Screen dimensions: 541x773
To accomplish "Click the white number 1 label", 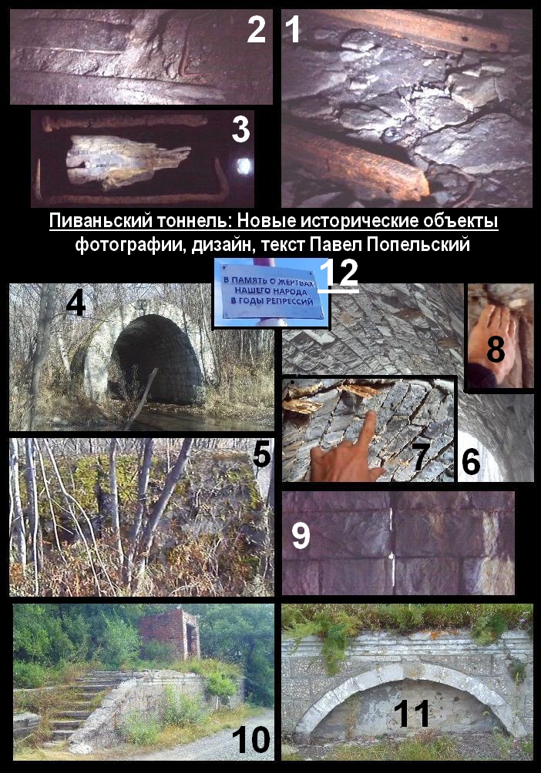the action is (293, 28).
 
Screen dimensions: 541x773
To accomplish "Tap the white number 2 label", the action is (256, 28).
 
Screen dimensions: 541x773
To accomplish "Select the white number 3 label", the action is (240, 129).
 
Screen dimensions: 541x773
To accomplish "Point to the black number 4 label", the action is (76, 302).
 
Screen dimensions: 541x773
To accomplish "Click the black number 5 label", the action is (261, 453).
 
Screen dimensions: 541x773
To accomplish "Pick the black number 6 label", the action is (470, 461).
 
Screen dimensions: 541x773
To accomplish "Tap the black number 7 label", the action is (420, 457).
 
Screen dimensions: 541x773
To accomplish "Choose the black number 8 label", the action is (496, 350).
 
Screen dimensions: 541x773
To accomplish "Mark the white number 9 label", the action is (301, 536).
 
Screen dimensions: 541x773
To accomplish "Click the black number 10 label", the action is (250, 739).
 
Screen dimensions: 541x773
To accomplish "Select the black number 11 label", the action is (412, 713).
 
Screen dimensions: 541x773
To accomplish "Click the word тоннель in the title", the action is (192, 221).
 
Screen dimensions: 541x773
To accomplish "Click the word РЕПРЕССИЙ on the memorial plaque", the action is (292, 301).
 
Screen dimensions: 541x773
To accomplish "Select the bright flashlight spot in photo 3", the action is (244, 166).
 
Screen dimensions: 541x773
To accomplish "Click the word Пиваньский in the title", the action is (101, 221).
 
